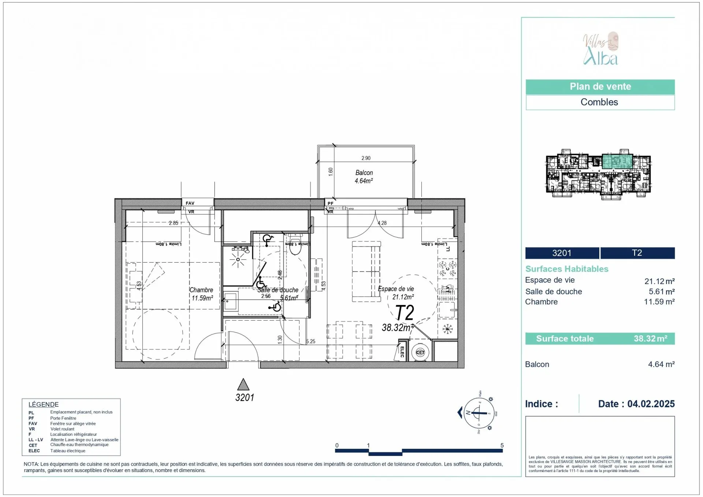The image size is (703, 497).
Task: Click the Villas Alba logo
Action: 600,49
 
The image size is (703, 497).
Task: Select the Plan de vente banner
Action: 600,87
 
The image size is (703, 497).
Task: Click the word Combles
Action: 599,102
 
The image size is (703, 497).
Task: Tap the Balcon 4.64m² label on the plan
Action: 364,177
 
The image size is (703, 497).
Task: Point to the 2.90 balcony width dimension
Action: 366,158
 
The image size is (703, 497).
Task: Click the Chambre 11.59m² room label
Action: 201,294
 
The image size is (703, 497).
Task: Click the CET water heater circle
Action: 420,352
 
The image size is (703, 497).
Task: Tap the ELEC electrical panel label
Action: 402,352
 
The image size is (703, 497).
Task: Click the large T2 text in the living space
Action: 405,313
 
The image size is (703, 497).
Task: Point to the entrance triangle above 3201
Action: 243,385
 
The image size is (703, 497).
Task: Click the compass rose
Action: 479,413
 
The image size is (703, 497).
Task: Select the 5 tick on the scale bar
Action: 502,446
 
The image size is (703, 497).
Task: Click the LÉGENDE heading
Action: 44,404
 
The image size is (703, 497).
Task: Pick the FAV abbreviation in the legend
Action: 33,424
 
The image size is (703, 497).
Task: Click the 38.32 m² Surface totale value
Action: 650,339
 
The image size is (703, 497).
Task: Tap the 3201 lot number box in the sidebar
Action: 562,253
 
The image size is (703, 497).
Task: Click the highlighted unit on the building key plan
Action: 617,162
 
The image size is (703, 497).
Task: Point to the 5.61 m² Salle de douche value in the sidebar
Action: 661,292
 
